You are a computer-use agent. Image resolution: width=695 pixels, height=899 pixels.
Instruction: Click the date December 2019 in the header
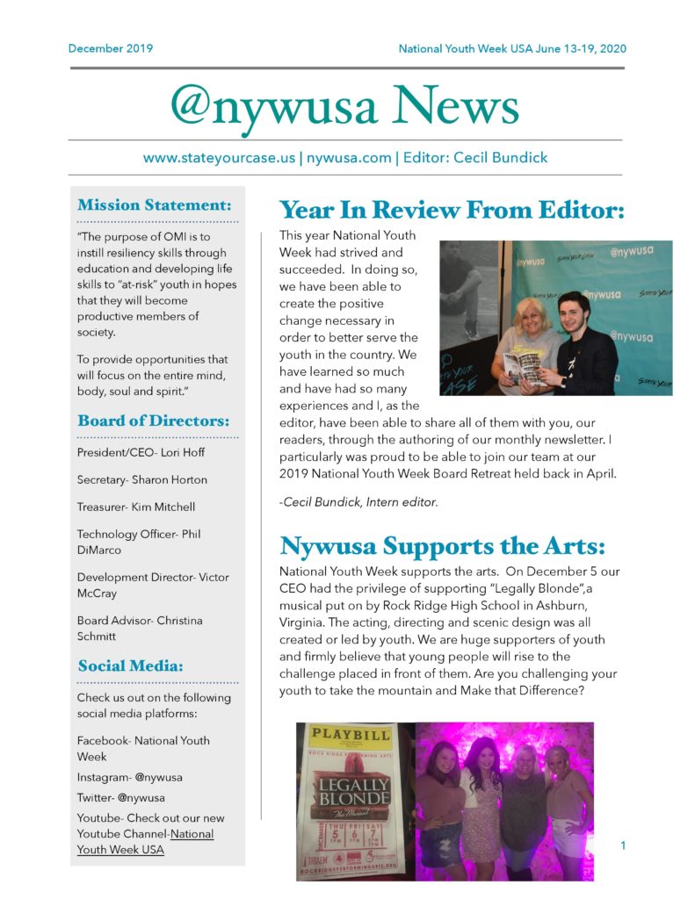(x=110, y=48)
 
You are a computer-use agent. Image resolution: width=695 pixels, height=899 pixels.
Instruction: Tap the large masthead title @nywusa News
(x=344, y=106)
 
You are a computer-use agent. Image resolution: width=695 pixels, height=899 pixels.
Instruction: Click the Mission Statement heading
(x=155, y=205)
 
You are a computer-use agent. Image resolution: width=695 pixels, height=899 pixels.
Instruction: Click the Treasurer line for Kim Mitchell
(x=135, y=507)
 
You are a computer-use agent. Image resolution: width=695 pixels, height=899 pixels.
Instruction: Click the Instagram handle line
(x=129, y=777)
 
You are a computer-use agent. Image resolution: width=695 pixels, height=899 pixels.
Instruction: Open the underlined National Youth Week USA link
(x=145, y=841)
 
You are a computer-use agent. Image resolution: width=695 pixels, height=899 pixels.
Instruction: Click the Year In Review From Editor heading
(x=452, y=210)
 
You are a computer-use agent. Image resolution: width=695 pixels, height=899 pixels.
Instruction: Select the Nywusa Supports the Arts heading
(x=442, y=545)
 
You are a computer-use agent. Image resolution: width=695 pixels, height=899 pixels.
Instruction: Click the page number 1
(x=623, y=846)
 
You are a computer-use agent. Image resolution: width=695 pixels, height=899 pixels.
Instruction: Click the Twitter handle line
(x=120, y=798)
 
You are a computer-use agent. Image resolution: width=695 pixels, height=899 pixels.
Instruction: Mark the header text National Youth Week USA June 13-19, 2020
(x=512, y=48)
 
